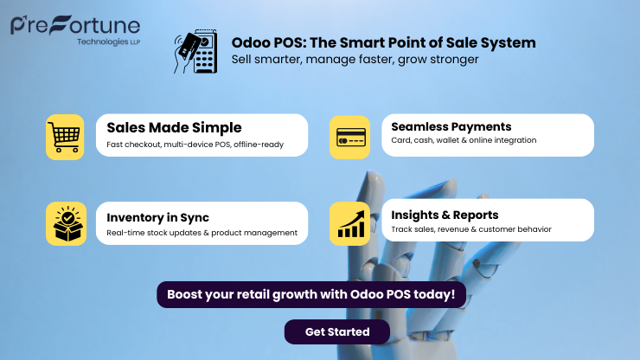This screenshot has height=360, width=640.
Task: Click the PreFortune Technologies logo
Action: (75, 27)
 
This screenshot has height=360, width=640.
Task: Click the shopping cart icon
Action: (65, 137)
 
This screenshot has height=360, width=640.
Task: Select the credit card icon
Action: (350, 137)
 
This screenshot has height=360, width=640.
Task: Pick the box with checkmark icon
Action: (65, 224)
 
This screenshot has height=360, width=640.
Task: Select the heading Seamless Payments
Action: (451, 126)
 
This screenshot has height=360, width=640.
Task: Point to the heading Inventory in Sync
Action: (157, 217)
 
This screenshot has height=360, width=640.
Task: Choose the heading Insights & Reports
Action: (445, 215)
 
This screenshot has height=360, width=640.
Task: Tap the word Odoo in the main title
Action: (248, 42)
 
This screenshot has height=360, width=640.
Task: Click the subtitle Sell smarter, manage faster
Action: (355, 60)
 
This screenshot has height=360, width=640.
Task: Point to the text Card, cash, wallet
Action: (464, 140)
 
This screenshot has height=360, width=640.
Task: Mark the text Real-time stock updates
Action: (202, 232)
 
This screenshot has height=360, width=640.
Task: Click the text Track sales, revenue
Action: (471, 229)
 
